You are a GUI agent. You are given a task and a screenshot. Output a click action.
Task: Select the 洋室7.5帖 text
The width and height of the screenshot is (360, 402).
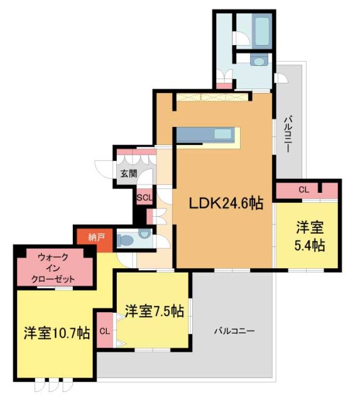[x=154, y=311]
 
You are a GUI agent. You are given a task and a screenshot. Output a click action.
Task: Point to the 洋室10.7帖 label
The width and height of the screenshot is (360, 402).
[x=57, y=332]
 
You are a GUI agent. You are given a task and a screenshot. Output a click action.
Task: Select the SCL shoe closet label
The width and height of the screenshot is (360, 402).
[x=144, y=196]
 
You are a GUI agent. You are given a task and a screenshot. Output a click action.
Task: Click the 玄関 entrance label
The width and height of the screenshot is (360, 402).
[x=128, y=173]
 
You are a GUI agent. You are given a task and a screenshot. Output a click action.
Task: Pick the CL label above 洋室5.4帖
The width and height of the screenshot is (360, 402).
[x=303, y=189]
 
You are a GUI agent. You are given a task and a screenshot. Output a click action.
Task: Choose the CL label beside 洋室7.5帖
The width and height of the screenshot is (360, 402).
[x=104, y=329]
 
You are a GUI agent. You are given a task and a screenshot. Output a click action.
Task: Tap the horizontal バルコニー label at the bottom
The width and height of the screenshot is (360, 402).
[x=233, y=330]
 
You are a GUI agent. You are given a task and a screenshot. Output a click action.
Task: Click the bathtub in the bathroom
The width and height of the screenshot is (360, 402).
[x=261, y=28]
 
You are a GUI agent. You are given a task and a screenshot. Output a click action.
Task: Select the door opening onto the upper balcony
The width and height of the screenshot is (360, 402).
[x=281, y=78]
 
